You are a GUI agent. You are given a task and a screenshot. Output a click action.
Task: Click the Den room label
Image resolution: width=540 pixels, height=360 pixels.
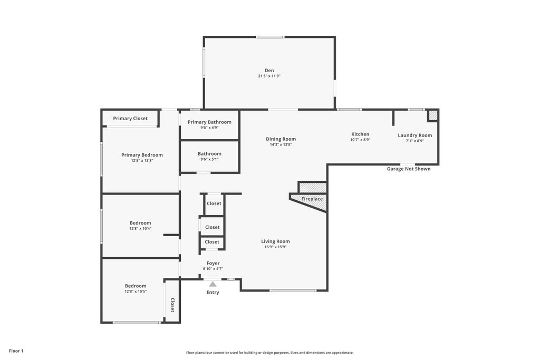pos(269,70)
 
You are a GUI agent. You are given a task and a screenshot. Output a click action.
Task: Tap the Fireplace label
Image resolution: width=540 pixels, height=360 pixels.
pos(312,199)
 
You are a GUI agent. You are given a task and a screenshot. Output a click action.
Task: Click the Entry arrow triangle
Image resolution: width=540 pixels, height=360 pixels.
pos(213,284)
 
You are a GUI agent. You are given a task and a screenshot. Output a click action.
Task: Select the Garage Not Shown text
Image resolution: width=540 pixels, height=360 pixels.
pos(409,169)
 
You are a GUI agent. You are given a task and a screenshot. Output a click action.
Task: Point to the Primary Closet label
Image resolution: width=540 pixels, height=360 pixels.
pos(130,119)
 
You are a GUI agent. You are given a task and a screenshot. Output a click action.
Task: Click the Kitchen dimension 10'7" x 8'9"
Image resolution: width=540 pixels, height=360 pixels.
pos(360,140)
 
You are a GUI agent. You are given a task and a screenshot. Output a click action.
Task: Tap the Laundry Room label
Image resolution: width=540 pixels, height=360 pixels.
pos(414,135)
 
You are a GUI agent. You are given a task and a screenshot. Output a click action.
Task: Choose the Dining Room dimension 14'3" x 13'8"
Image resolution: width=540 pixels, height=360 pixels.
pos(281,144)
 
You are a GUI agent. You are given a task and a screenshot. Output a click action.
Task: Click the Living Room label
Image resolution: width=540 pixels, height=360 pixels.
pos(275,241)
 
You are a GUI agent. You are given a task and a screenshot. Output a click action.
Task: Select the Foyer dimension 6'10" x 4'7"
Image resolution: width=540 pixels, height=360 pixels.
pos(213,269)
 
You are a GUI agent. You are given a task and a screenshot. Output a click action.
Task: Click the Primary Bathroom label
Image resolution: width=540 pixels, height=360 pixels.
pos(209,122)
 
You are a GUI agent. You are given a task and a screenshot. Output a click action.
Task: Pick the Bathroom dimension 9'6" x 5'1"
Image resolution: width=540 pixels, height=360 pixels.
pos(209,159)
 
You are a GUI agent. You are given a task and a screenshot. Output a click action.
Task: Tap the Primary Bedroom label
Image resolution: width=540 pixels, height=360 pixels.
pos(142,155)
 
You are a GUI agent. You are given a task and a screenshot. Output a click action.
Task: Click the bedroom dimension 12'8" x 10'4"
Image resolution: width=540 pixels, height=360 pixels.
pos(140,228)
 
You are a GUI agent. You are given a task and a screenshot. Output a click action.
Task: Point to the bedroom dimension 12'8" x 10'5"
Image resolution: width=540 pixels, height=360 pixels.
pos(136,291)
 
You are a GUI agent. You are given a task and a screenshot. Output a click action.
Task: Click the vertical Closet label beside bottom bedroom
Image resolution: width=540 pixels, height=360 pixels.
pos(172,305)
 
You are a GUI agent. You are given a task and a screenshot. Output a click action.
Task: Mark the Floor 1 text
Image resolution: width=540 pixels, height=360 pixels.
pos(16,351)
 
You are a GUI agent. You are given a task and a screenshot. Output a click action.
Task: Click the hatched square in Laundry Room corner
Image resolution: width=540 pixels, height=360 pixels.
pos(432,115)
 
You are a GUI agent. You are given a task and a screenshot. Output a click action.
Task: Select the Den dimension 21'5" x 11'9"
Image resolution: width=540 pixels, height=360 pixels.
pos(269,76)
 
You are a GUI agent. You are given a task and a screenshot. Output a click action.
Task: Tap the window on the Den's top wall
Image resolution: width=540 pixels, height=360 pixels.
pos(270,37)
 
